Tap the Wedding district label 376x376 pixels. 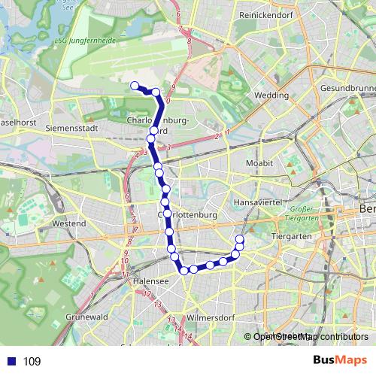point(271,96)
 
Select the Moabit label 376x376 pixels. point(259,162)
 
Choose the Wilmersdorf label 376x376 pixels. point(213,317)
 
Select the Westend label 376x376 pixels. point(69,223)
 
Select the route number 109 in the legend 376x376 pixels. point(32,362)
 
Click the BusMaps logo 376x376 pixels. point(341,360)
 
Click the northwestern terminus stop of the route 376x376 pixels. point(135,86)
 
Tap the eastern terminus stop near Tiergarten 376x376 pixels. point(240,240)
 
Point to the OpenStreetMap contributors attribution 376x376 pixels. point(309,337)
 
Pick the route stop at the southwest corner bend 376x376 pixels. point(183,270)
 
